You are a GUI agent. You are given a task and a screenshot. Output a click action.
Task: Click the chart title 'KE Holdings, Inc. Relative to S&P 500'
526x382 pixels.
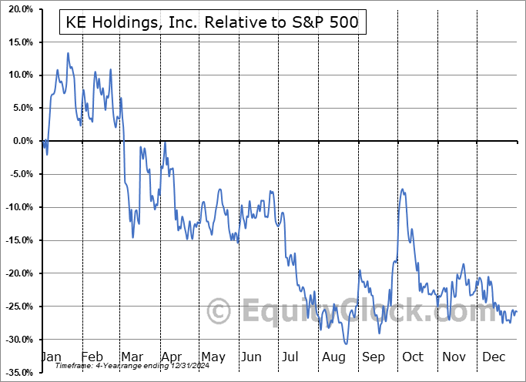pos(212,23)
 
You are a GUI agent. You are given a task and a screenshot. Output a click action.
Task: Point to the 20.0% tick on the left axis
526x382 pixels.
pos(18,8)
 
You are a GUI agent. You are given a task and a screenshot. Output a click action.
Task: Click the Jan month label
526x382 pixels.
pos(51,357)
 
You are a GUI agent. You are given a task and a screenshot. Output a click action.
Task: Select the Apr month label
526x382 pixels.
pos(172,357)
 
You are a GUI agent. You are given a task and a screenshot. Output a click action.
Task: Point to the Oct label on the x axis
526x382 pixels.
pos(413,357)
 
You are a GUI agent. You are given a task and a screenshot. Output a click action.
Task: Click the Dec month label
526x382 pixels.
pos(493,357)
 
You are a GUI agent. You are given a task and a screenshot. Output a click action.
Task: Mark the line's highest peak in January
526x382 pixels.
pos(68,53)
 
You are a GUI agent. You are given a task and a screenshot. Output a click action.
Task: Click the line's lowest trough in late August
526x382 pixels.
pos(347,343)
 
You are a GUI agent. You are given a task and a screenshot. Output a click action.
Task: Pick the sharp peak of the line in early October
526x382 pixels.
pos(401,189)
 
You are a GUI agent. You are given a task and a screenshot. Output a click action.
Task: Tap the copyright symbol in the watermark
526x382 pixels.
pos(220,312)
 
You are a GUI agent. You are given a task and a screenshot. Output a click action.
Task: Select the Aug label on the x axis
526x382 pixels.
pos(333,357)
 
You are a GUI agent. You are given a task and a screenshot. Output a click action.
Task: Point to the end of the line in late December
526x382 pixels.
pos(516,311)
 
